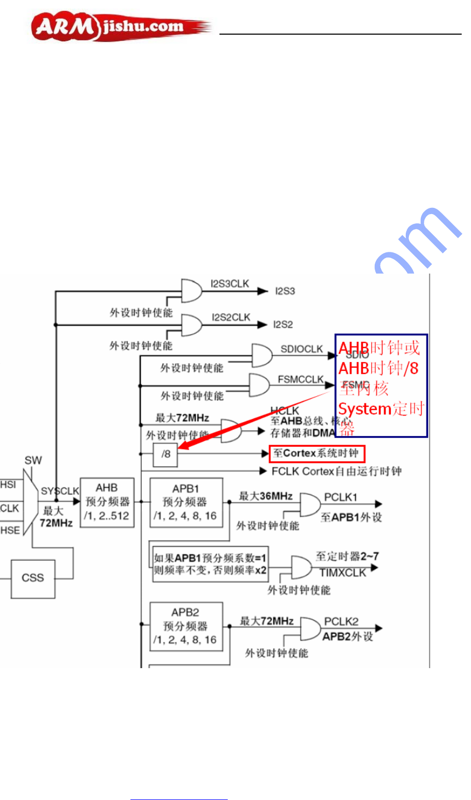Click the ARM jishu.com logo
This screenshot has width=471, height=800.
(x=121, y=26)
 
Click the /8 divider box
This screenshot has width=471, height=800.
(x=166, y=455)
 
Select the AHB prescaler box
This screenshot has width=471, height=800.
(x=107, y=502)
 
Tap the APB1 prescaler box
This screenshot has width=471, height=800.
(x=186, y=502)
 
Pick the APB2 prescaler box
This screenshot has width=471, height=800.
(x=186, y=626)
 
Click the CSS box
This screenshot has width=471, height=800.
(x=33, y=578)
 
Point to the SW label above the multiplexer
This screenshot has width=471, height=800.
(x=33, y=460)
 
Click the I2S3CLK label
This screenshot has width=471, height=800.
(x=230, y=284)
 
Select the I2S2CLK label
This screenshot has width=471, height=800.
(x=231, y=317)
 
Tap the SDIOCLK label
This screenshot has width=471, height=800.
(x=301, y=349)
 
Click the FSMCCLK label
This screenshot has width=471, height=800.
(x=300, y=380)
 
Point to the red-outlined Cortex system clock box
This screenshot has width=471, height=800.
(x=317, y=454)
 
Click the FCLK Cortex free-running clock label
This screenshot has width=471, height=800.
(x=336, y=471)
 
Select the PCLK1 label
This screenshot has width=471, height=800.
(x=341, y=497)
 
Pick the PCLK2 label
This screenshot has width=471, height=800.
(x=341, y=621)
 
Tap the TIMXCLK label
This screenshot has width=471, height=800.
(x=343, y=572)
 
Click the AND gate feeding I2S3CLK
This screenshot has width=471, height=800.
(x=191, y=291)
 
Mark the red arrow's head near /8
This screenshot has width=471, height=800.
(x=180, y=447)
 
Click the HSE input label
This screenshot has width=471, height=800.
(x=10, y=530)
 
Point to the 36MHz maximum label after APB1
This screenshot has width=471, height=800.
(x=266, y=496)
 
